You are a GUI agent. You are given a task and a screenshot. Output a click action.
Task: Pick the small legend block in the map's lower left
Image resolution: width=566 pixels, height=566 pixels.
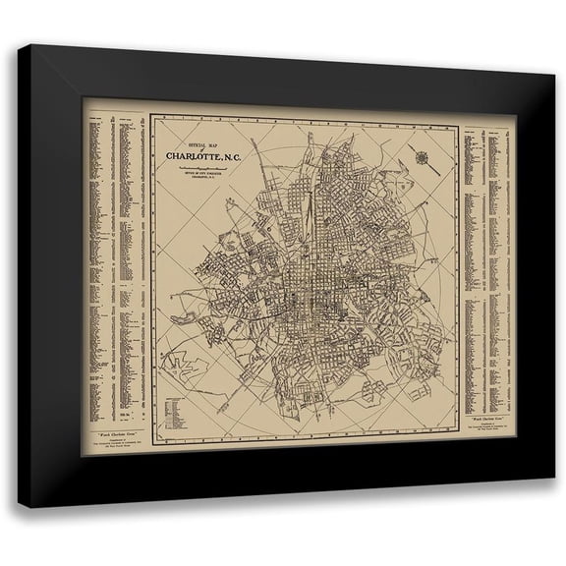(x=177, y=392)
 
